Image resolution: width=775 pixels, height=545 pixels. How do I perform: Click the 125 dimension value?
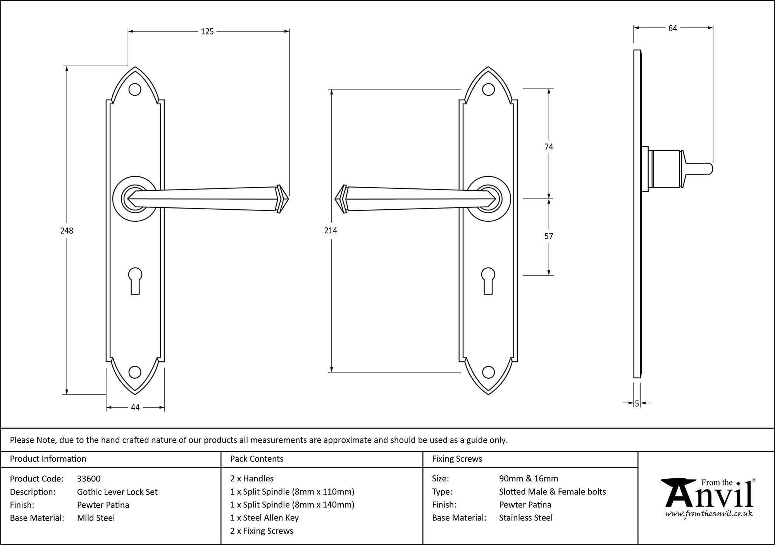pos(207,32)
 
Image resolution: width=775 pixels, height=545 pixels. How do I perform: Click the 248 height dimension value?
pos(67,231)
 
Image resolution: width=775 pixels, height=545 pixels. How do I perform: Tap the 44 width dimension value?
pos(135,407)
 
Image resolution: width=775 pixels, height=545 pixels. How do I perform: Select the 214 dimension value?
pos(331,231)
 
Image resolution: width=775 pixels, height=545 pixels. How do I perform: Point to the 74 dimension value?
pos(549,147)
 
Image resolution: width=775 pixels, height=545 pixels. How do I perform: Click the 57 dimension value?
pos(549,236)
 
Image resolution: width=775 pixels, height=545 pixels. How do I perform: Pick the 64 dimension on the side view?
pos(673,28)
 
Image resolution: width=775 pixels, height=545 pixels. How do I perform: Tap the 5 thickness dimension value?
pos(637,404)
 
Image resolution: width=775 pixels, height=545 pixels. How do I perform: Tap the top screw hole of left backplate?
pos(135,90)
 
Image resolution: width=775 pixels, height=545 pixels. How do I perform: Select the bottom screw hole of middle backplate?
pos(488,373)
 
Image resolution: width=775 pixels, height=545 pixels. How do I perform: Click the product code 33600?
pos(89,479)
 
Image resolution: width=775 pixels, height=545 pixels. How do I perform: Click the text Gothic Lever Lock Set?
pos(117,492)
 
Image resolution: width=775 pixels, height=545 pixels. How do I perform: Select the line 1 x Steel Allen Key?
pos(264,518)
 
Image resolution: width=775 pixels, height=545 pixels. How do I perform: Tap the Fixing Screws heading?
pos(457,459)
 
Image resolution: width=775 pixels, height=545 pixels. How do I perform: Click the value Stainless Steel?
pos(526,518)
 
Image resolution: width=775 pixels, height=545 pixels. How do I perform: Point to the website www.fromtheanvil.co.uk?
pos(709,514)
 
